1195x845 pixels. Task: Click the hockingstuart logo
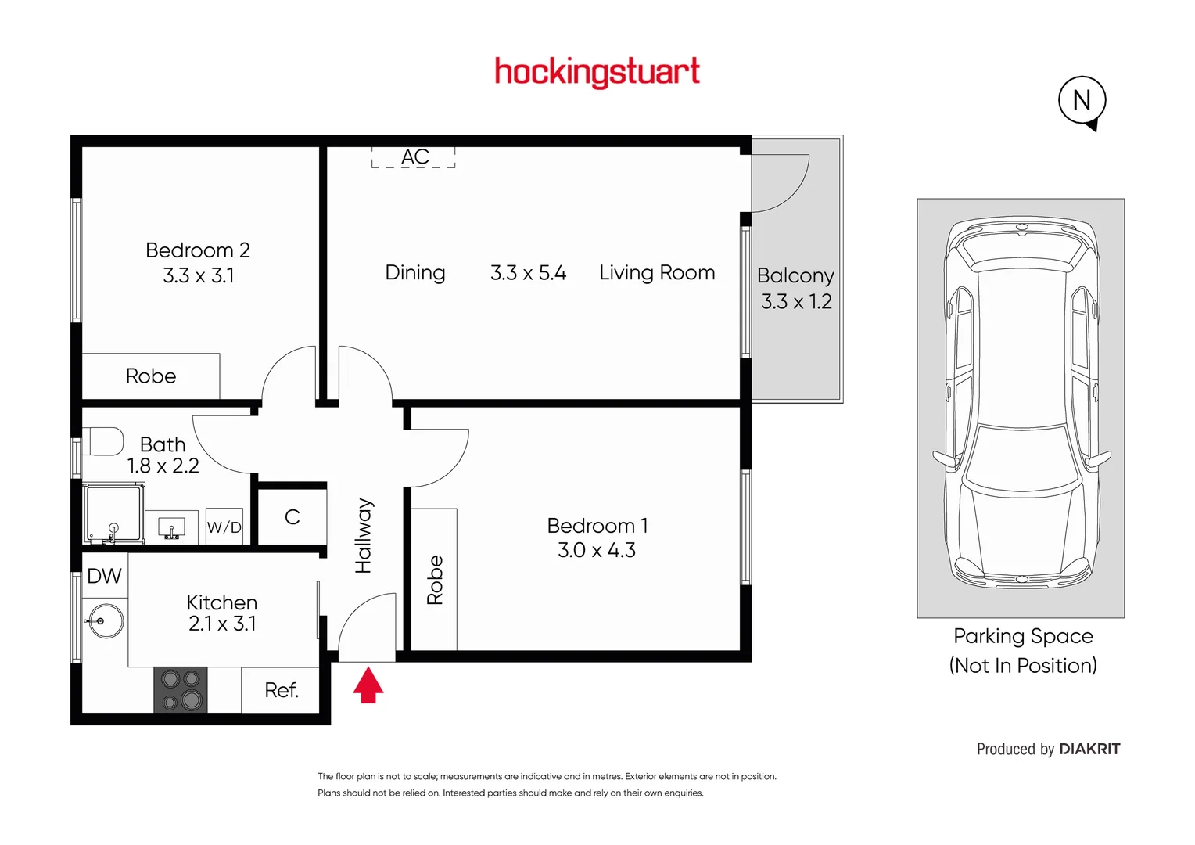597,72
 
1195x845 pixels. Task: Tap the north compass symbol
1082,100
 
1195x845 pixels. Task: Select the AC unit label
414,157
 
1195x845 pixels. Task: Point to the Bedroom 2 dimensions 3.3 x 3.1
199,275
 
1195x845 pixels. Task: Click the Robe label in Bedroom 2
151,376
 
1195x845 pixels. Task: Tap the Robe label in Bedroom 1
435,580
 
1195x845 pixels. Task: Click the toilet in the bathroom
104,441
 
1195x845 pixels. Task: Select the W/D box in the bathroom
224,527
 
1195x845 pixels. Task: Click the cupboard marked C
292,516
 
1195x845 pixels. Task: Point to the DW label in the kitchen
104,576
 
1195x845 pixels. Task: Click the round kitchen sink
104,621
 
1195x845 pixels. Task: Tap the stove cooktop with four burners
181,689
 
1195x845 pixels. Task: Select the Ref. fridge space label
282,690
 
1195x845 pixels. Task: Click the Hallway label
364,536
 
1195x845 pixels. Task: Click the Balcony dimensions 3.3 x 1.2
796,301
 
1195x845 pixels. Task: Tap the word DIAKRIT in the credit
1089,749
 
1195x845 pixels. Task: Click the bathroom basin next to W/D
172,528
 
